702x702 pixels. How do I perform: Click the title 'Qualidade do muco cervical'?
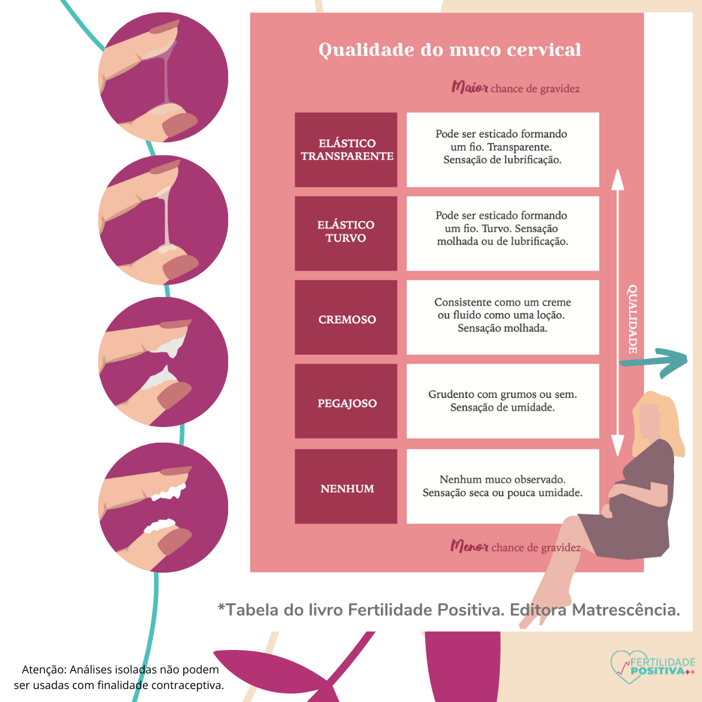click(449, 50)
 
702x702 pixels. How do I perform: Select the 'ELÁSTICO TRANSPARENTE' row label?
click(346, 149)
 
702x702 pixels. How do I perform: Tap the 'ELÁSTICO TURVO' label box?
click(346, 231)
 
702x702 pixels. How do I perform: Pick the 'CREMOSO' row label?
click(346, 319)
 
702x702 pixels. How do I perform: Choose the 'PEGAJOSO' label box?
click(346, 403)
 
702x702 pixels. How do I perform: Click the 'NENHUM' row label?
click(346, 488)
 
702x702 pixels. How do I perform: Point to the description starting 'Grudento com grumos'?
click(502, 400)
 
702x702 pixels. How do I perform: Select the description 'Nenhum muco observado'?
click(502, 486)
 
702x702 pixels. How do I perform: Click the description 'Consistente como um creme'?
click(502, 315)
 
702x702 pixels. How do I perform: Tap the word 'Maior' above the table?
click(469, 87)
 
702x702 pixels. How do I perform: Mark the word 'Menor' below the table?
click(469, 546)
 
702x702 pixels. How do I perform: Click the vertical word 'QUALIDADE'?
click(632, 319)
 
